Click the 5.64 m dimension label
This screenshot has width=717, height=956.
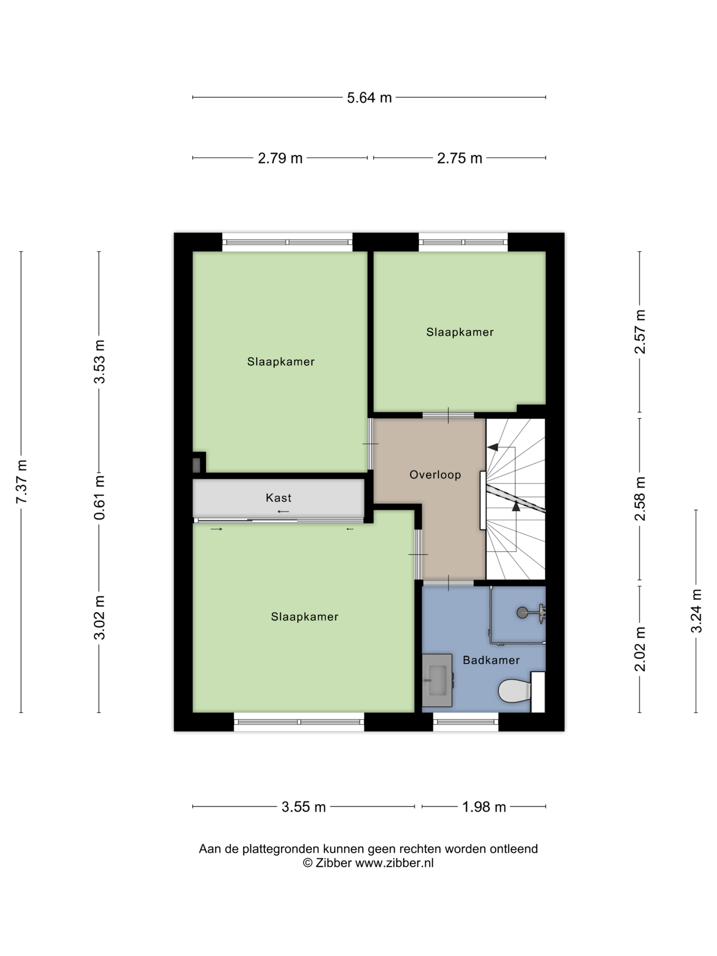pos(369,98)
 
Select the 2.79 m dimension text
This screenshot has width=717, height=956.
pos(280,159)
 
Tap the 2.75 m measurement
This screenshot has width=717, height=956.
pos(459,159)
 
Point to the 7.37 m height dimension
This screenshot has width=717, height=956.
pos(21,482)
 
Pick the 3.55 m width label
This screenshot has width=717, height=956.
pos(303,807)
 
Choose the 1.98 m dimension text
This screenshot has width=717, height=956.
pos(484,807)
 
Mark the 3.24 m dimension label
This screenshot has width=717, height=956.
pos(696,611)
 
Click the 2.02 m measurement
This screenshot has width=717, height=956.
pos(640,649)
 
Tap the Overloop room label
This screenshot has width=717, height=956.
pos(435,475)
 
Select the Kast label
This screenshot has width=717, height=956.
pos(279,498)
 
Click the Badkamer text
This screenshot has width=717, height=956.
pos(491,660)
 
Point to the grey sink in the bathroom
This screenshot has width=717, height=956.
pos(437,680)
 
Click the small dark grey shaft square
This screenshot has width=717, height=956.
pos(197,465)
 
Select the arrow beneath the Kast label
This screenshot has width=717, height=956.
pos(283,512)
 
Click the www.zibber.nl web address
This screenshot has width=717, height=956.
pos(394,863)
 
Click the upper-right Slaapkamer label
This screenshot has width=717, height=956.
pos(460,332)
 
